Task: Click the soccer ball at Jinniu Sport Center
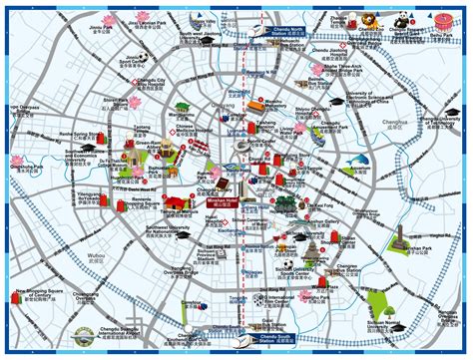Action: coord(84,63)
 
